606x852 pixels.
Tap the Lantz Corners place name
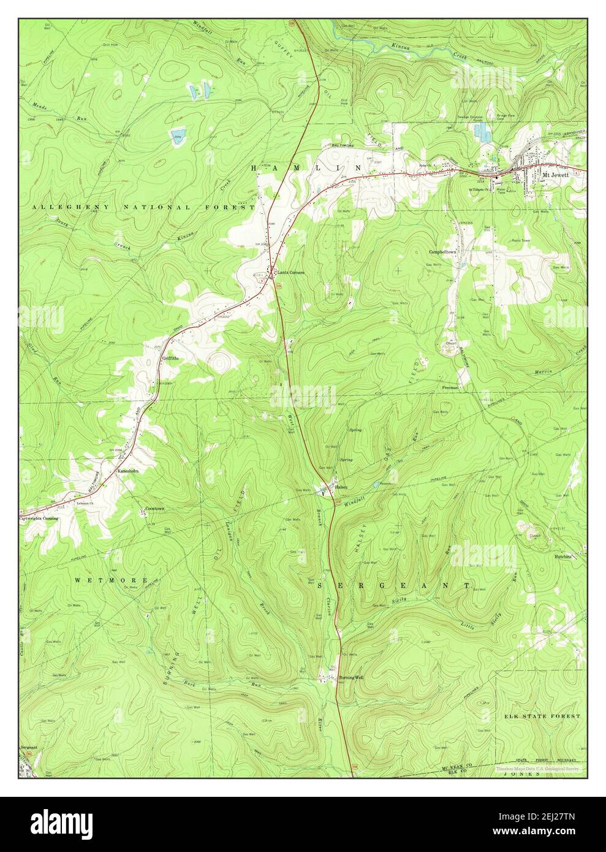[x=290, y=272]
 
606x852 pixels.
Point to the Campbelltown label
[x=444, y=252]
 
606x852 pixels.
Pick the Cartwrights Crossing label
[x=38, y=518]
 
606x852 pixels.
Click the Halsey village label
[x=341, y=487]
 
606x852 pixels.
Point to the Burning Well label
[x=351, y=677]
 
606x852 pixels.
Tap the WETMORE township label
[x=111, y=580]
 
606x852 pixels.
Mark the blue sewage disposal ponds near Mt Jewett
[x=485, y=131]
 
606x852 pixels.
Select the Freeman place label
[x=450, y=387]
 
